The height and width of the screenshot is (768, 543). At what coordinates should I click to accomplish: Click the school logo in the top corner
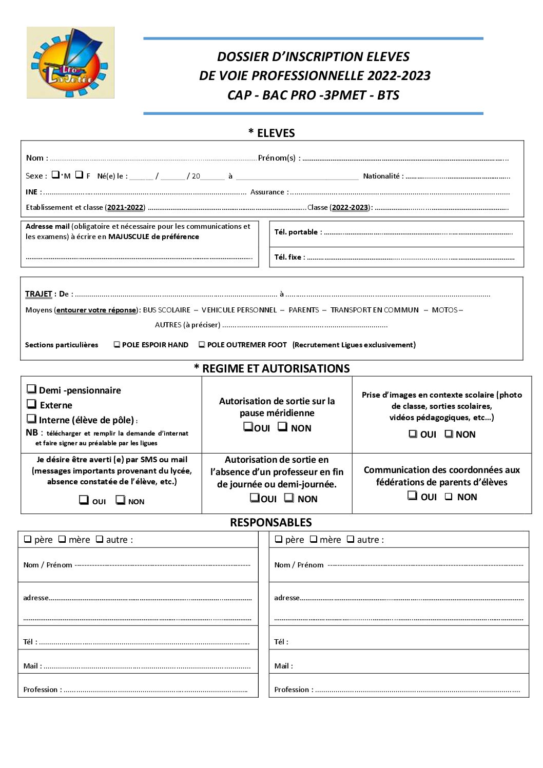tap(70, 63)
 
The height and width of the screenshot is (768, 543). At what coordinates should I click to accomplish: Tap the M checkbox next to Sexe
tap(55, 174)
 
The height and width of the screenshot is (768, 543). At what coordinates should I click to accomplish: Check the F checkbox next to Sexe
tap(79, 174)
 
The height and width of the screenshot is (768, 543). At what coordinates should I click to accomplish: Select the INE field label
tap(32, 192)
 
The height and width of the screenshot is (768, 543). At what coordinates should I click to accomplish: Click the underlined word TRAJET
tap(38, 294)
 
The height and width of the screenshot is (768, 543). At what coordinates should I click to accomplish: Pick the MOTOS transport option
tap(444, 310)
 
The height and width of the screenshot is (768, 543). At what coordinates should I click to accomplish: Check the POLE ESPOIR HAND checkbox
tap(117, 345)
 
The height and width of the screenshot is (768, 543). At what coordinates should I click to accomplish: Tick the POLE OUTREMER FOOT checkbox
tap(202, 345)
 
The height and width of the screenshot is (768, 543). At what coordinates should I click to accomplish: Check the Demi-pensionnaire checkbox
tap(32, 389)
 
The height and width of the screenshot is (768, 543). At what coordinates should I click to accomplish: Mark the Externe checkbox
tap(32, 404)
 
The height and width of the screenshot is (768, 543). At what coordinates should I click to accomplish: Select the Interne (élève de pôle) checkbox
tap(32, 419)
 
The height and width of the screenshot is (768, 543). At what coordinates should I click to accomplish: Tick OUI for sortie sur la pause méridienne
tap(248, 426)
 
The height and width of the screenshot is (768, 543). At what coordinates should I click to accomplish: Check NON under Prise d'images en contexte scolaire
tap(449, 434)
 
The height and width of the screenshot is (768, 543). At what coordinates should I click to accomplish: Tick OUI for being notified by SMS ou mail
tap(84, 500)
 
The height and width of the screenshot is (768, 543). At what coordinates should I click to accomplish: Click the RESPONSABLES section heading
tap(270, 523)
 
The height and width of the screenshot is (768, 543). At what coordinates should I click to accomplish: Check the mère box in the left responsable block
tap(62, 539)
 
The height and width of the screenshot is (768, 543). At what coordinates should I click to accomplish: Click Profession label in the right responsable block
tap(293, 690)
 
